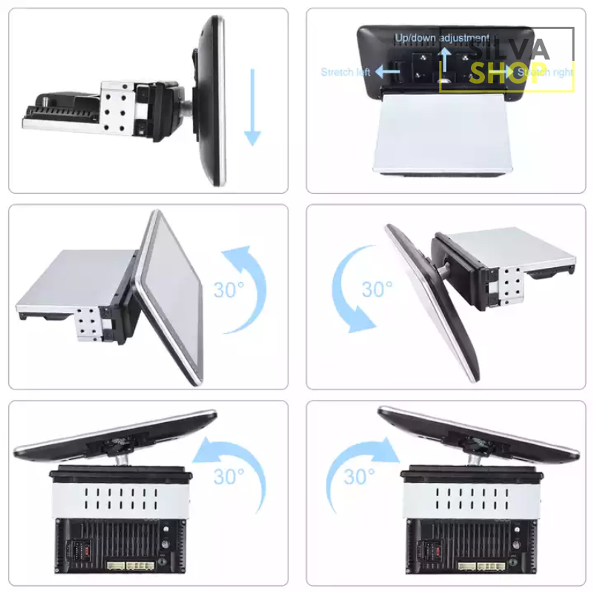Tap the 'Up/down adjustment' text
[442, 38]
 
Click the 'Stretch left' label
[345, 72]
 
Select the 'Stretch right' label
[546, 72]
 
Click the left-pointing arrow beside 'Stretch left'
[387, 72]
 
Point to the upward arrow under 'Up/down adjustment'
[445, 59]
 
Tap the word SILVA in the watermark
[510, 49]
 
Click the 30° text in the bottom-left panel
[229, 476]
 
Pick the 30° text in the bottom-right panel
[359, 476]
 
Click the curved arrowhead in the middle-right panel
[362, 320]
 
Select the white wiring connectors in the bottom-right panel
[482, 566]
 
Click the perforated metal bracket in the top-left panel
[115, 108]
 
